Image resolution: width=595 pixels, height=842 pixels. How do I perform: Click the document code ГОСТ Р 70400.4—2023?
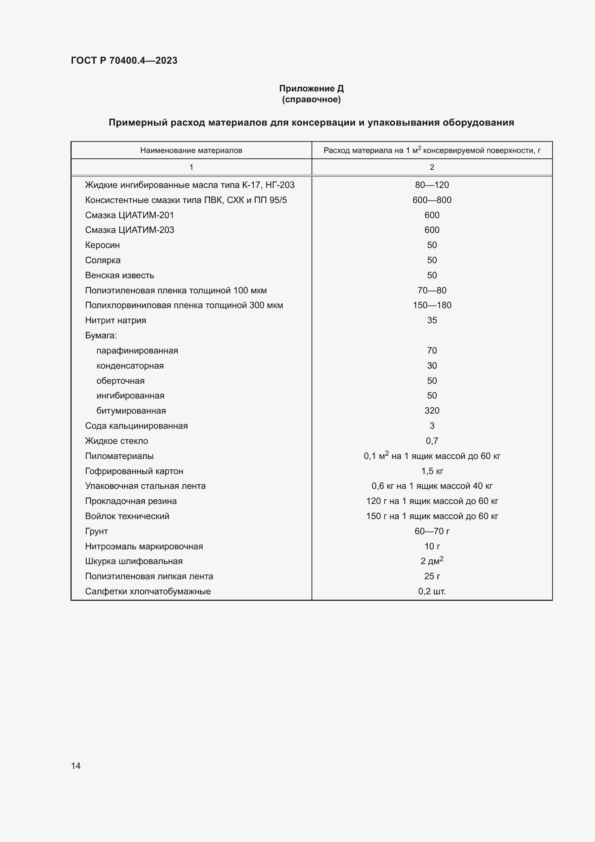click(x=124, y=60)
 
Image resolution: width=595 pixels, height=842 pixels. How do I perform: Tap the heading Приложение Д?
click(x=311, y=89)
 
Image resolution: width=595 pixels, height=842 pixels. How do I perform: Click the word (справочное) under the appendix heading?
click(x=311, y=99)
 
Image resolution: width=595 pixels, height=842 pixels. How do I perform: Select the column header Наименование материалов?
click(x=191, y=150)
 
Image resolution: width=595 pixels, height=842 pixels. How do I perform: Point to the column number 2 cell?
click(x=432, y=167)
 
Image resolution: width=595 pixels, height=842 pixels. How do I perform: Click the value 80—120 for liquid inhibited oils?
click(x=432, y=185)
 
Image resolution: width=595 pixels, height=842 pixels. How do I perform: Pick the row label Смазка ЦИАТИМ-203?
click(x=130, y=230)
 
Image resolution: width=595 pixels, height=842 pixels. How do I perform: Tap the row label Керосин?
click(x=102, y=245)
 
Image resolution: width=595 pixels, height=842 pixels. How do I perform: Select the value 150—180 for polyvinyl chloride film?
click(x=432, y=305)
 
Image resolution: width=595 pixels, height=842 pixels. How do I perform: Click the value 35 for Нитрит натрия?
click(x=432, y=320)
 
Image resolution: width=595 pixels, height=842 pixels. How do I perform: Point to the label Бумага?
click(x=101, y=335)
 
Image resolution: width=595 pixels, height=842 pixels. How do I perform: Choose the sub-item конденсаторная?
click(x=130, y=366)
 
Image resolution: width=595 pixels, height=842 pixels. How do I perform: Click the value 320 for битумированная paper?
click(x=432, y=411)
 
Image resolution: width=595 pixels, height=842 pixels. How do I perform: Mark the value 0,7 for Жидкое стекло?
click(x=432, y=441)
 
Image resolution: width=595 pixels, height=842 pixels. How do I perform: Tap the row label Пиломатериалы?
click(x=119, y=456)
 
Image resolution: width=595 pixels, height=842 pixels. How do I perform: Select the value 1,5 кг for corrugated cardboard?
click(x=432, y=471)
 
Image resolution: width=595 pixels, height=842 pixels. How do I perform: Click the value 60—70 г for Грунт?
click(x=432, y=531)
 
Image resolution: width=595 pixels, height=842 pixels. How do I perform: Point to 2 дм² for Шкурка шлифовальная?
click(x=432, y=561)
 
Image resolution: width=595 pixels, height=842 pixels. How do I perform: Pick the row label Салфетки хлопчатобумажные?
click(x=147, y=591)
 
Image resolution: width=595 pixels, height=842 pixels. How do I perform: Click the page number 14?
click(x=76, y=766)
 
